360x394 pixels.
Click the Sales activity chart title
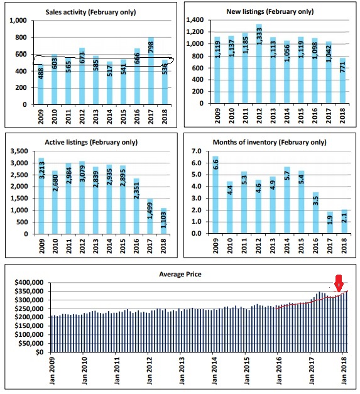point(90,12)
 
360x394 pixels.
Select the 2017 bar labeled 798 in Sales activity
point(151,70)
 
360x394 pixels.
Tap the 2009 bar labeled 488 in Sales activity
point(40,84)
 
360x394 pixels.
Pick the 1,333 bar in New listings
point(259,63)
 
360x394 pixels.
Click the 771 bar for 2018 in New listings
point(342,80)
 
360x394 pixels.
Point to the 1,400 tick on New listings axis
point(195,20)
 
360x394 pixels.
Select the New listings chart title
point(270,11)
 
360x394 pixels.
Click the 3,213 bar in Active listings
point(41,196)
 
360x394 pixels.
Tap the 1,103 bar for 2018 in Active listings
point(163,221)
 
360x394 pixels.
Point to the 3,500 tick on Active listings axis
point(19,151)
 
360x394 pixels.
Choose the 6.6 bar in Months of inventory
point(215,195)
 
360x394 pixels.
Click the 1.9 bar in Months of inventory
point(330,222)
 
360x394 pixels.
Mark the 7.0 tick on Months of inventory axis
point(197,151)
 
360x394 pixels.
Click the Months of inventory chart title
point(270,142)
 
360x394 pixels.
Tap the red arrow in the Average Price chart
point(339,283)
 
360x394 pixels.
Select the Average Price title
point(180,274)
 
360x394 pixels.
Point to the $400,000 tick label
point(29,282)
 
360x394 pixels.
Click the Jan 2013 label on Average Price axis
point(182,371)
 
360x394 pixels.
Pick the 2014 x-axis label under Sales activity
point(109,117)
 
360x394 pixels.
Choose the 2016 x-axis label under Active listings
point(136,246)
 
